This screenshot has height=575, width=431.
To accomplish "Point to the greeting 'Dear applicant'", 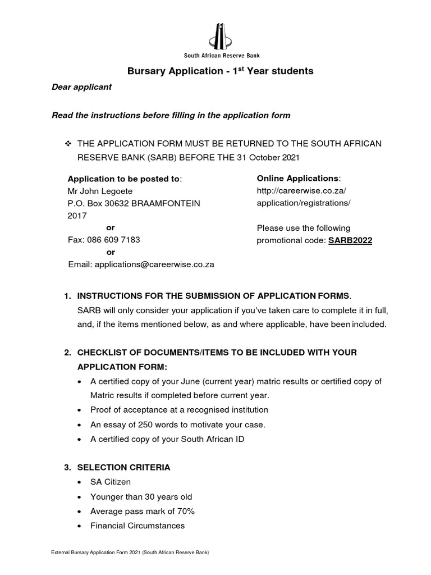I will [81, 87].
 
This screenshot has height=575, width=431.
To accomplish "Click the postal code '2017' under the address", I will [77, 215].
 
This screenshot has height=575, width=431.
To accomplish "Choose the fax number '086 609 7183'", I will [113, 240].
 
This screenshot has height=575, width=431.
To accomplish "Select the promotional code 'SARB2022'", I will [350, 240].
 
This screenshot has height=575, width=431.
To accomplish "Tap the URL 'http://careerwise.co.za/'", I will [298, 191].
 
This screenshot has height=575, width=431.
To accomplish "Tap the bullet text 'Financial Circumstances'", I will [137, 526].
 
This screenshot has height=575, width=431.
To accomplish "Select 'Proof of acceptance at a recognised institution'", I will [179, 410].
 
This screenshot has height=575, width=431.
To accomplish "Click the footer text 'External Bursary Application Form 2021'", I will [95, 553].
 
